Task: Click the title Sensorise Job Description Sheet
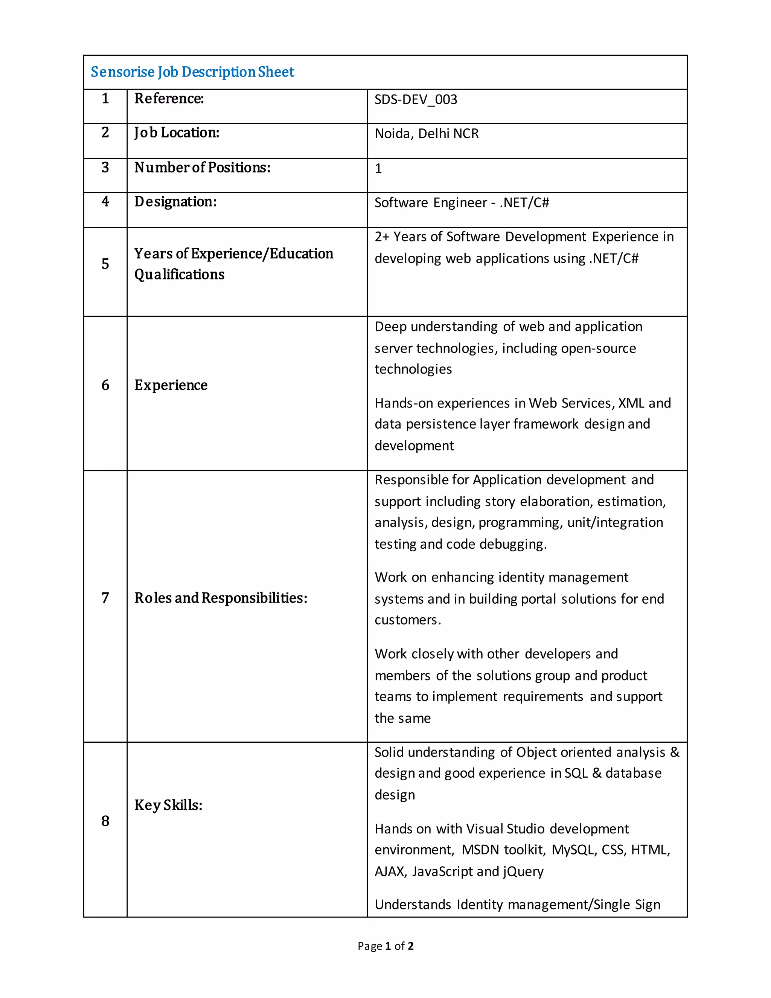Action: [192, 72]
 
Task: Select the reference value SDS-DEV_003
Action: [416, 100]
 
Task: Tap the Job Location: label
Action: [177, 133]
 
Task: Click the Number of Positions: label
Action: [202, 168]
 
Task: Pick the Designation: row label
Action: [175, 201]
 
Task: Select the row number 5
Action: [105, 264]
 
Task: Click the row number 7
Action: [105, 598]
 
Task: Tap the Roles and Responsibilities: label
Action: [221, 598]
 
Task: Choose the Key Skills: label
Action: [168, 805]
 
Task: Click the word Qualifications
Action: [180, 274]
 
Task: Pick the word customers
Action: [407, 620]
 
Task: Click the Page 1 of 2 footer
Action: [385, 946]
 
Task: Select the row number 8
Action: [105, 821]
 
